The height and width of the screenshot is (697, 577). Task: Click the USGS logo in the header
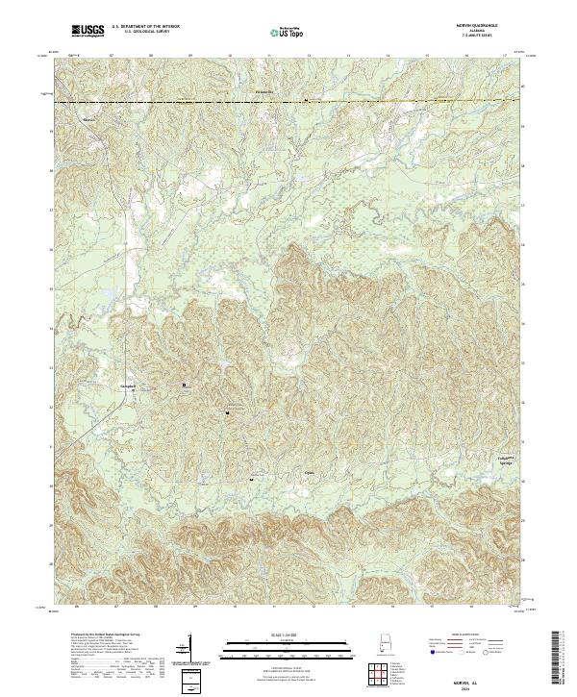[88, 32]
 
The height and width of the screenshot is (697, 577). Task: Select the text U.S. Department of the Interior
[145, 29]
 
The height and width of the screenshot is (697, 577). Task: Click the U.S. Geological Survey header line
[144, 35]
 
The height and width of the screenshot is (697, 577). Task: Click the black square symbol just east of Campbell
[185, 386]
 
